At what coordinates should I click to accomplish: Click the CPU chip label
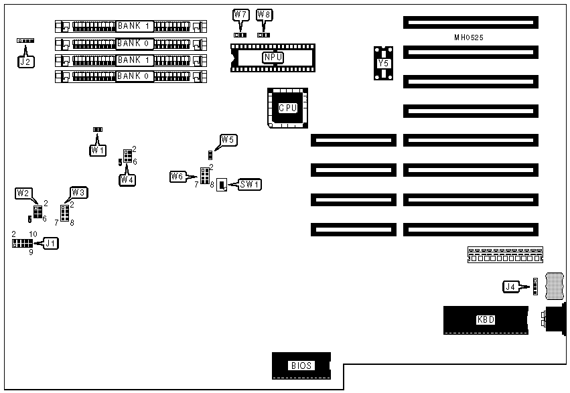point(287,107)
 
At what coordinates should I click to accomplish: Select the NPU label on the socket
point(273,57)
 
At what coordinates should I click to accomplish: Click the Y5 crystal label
point(384,63)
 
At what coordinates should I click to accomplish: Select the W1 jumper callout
point(98,150)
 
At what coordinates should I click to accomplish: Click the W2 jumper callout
point(23,193)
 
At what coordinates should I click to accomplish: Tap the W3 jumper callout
point(79,193)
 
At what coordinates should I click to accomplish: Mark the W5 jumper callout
point(228,140)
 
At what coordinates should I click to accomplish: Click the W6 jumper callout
point(177,177)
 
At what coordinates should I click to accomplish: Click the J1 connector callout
point(50,243)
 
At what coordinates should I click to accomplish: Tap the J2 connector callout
point(25,62)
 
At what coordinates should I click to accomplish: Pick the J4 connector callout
point(511,287)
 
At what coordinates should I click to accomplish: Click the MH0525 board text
point(468,38)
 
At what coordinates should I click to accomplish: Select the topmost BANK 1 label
point(133,26)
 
